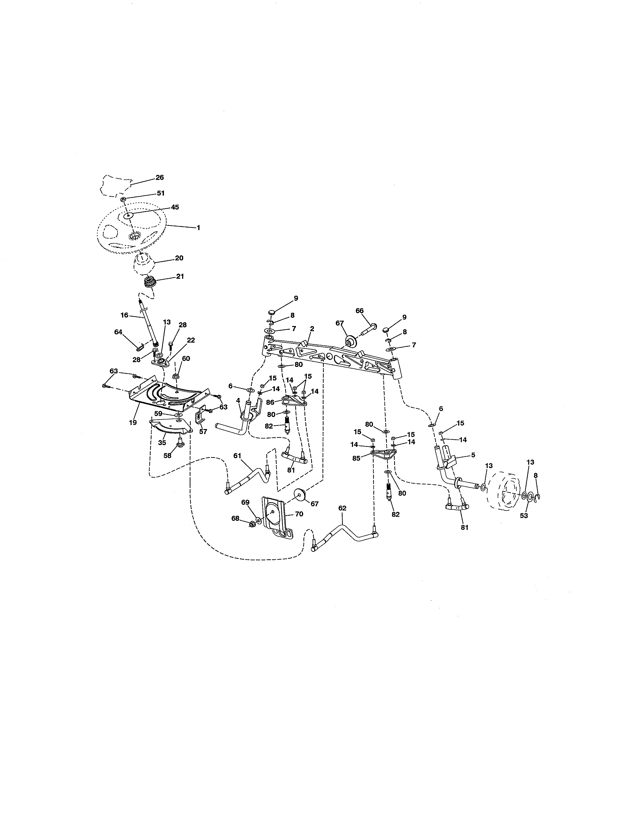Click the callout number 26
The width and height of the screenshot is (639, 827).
(x=160, y=177)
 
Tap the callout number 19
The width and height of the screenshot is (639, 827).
(x=133, y=422)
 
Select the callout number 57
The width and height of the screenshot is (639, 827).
(x=203, y=431)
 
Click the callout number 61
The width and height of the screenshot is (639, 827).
(x=237, y=456)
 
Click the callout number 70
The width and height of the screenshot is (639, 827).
(x=299, y=514)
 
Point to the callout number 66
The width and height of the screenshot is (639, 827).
(x=359, y=311)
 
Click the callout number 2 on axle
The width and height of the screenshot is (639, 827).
(x=312, y=329)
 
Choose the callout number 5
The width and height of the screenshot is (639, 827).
(x=473, y=455)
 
